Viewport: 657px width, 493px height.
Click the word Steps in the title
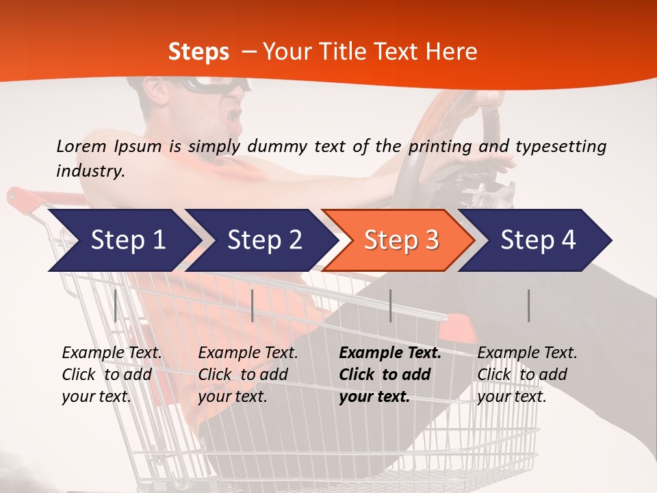pyautogui.click(x=198, y=52)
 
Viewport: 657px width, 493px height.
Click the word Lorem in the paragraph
pyautogui.click(x=81, y=146)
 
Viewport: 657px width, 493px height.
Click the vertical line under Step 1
pyautogui.click(x=115, y=305)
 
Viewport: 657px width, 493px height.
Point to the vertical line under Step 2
pyautogui.click(x=253, y=305)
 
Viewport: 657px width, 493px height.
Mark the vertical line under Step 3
pyautogui.click(x=390, y=305)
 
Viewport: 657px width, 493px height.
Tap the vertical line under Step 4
pyautogui.click(x=528, y=305)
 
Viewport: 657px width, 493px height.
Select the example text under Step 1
pyautogui.click(x=112, y=375)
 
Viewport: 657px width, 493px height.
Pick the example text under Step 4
pyautogui.click(x=527, y=375)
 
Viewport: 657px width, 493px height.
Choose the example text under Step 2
pyautogui.click(x=248, y=375)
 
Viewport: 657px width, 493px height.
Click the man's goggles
pyautogui.click(x=212, y=85)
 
